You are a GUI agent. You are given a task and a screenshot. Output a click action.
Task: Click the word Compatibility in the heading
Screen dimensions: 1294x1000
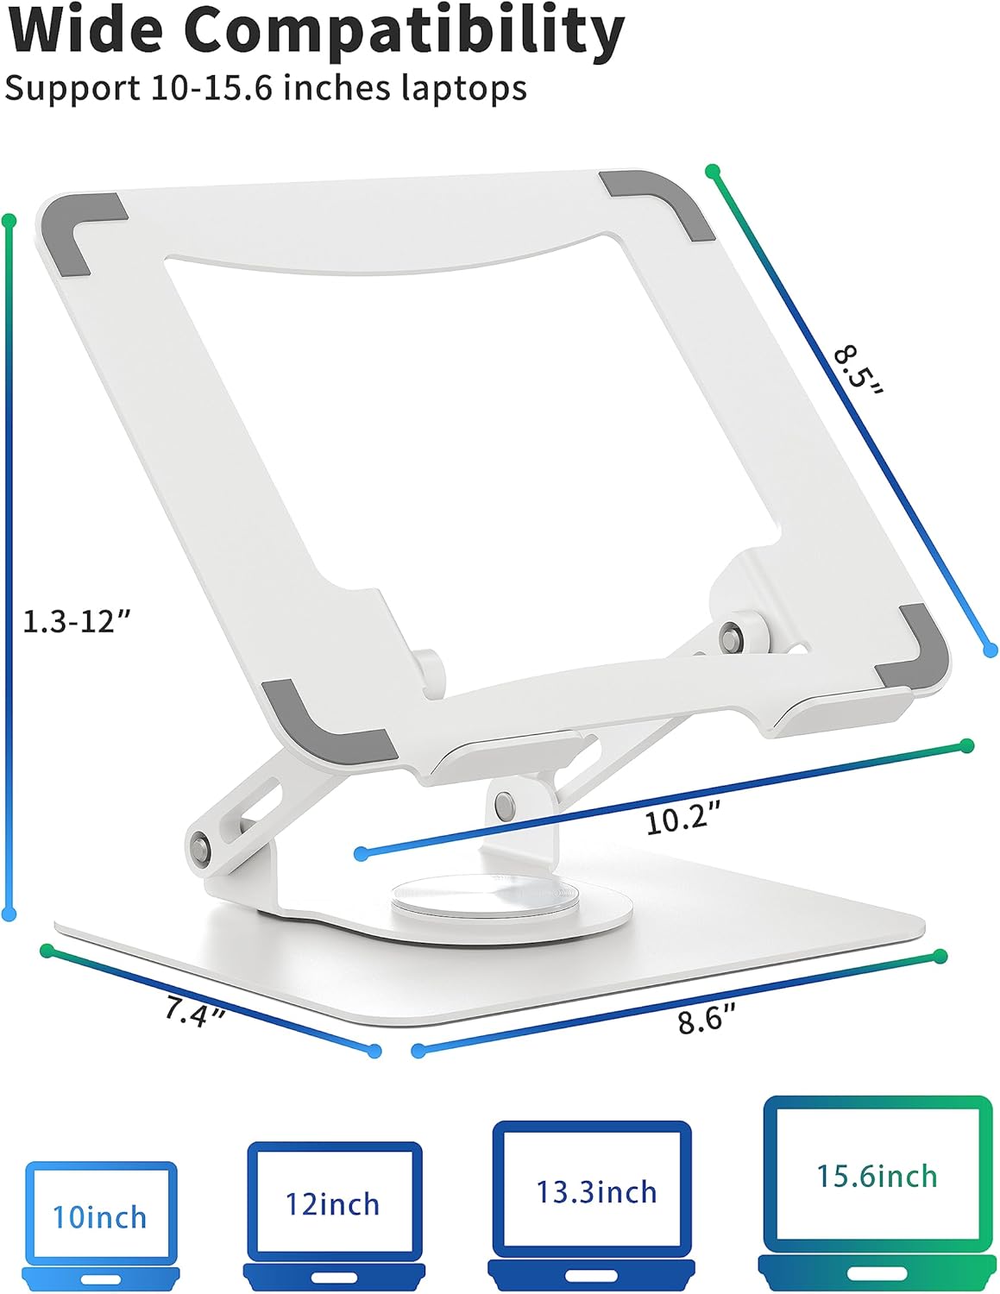[404, 30]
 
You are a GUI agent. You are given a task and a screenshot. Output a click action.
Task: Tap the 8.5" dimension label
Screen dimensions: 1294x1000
[858, 371]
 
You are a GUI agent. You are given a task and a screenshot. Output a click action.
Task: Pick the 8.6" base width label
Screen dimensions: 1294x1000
[707, 1020]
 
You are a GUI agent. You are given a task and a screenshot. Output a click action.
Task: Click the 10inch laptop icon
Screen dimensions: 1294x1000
[101, 1223]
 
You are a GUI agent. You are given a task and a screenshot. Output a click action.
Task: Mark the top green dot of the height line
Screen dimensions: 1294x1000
[9, 222]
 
